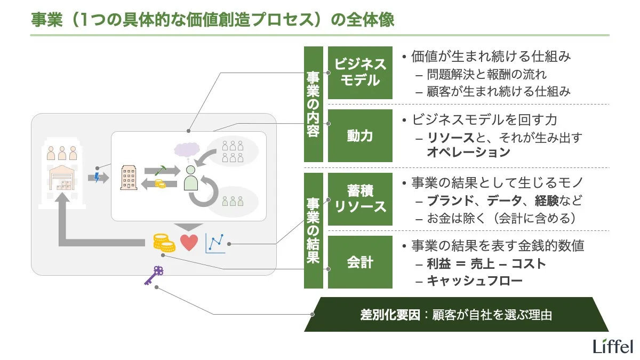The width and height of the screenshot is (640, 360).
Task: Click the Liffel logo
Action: coord(612,346)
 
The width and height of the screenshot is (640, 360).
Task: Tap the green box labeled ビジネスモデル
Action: coord(360,73)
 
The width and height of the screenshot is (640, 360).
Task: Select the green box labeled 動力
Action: coord(360,136)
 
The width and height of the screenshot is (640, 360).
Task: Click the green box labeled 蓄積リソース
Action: coord(360,198)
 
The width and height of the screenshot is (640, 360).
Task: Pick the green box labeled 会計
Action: coord(360,262)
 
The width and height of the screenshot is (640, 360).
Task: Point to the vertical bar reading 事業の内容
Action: coord(314,104)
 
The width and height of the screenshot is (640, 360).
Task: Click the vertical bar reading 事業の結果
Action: coord(314,230)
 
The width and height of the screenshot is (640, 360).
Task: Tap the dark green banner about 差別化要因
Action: coord(456,315)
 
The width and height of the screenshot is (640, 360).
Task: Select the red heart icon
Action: coord(189,243)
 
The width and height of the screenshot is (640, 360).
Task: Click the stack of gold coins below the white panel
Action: coord(164,243)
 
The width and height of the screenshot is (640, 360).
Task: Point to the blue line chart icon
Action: coord(215,244)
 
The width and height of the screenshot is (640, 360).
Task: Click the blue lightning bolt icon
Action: coord(97,177)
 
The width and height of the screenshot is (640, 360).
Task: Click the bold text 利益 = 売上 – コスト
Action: coord(486,263)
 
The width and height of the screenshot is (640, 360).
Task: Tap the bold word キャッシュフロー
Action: coord(475,281)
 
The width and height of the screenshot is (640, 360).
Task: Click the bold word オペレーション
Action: coord(468,152)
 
